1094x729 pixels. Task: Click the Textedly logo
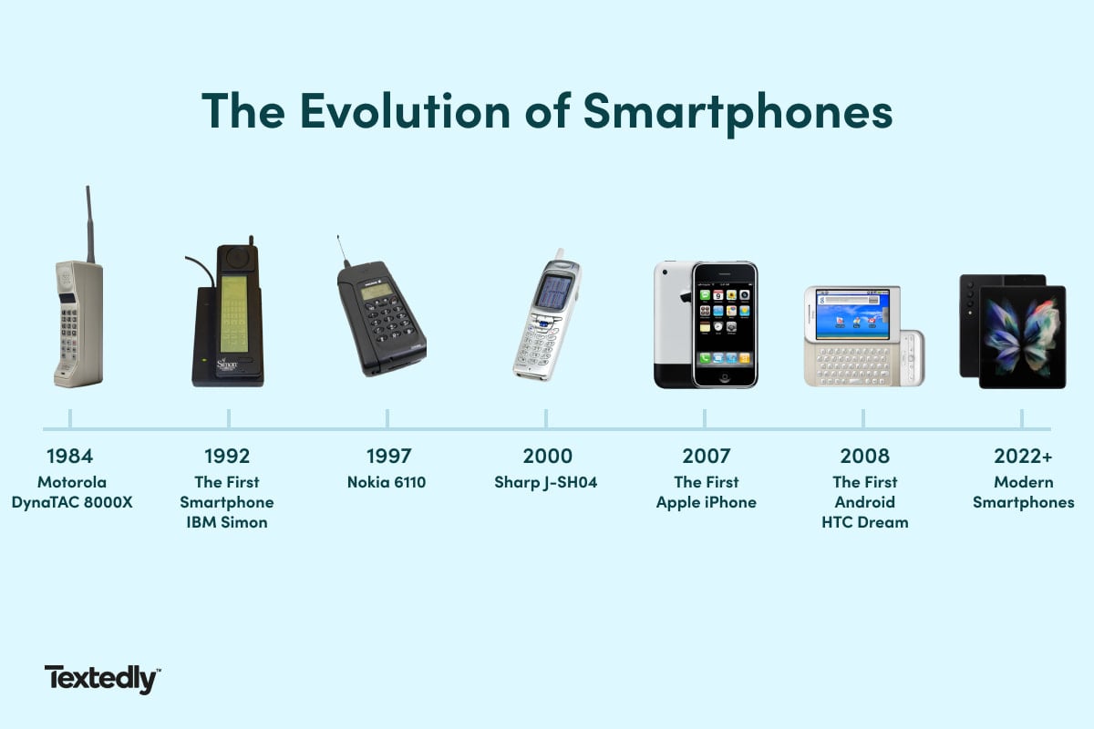tap(102, 679)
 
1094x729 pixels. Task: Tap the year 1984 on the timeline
tap(70, 456)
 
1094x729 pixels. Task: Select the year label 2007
tap(706, 456)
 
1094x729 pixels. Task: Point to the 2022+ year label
tap(1023, 456)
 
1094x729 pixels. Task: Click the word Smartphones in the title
tap(738, 111)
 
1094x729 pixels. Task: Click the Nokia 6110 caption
tap(387, 482)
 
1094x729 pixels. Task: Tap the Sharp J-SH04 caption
tap(546, 482)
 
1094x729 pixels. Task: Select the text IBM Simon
tap(227, 522)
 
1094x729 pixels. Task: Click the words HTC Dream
tap(864, 522)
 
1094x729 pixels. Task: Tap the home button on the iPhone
tap(725, 376)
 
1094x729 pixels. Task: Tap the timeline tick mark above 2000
tap(546, 418)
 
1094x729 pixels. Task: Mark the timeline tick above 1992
tap(229, 418)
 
